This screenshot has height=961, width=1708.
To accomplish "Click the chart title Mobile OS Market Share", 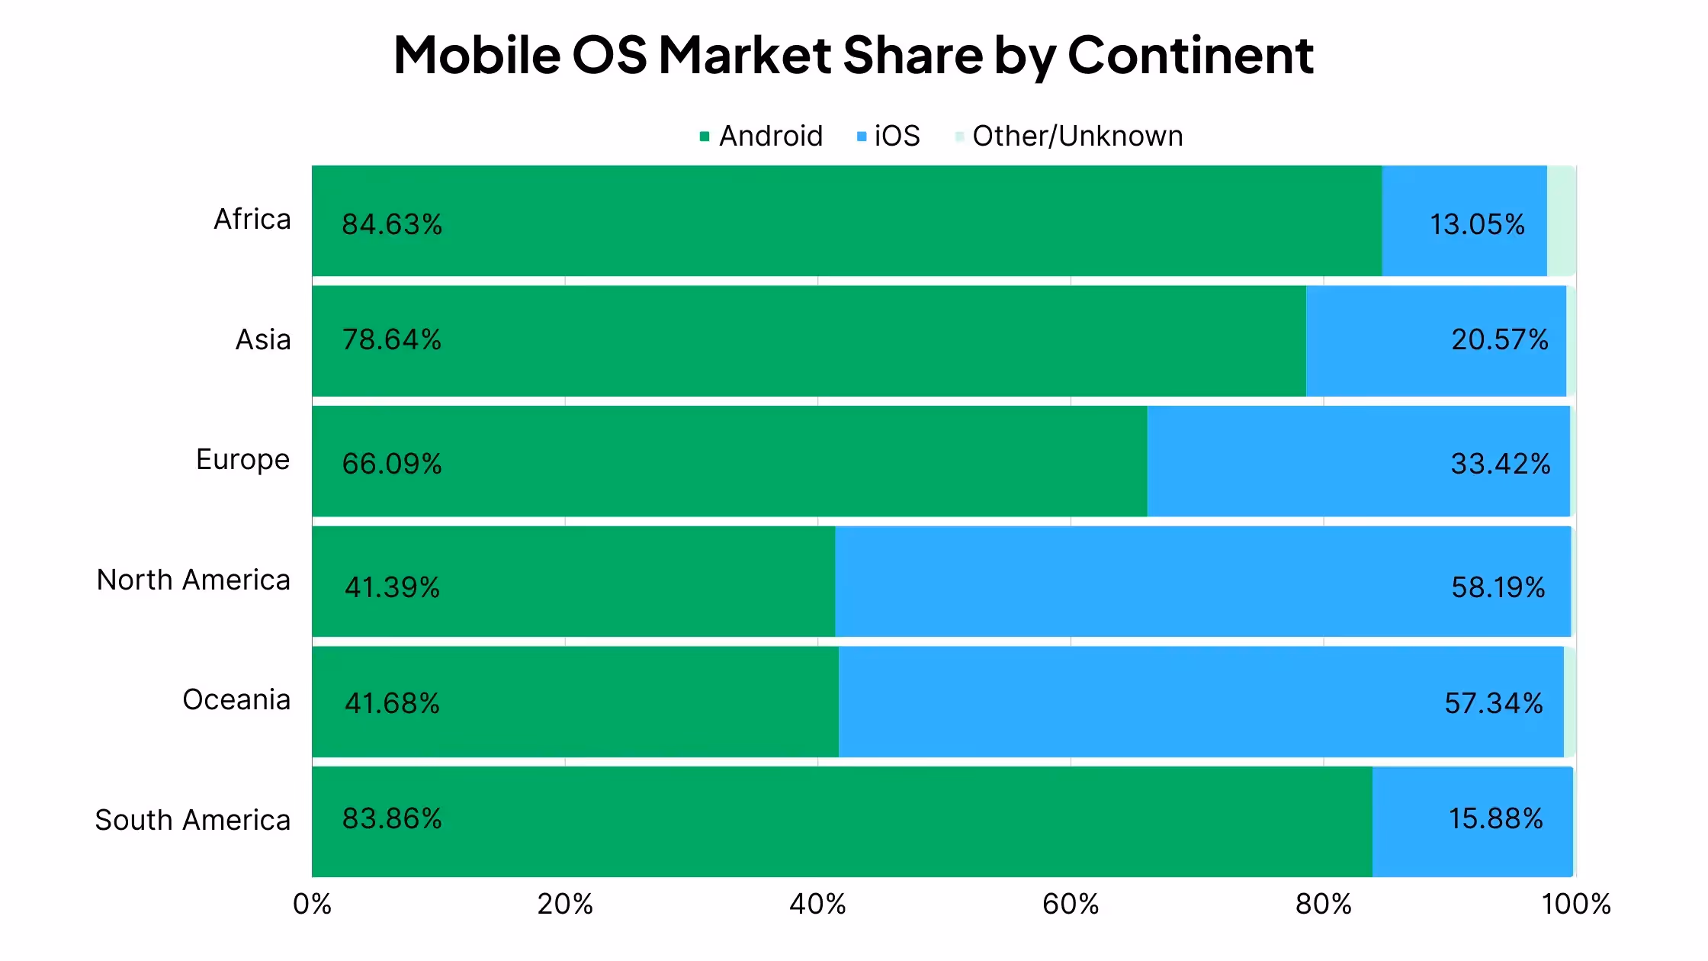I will click(x=853, y=55).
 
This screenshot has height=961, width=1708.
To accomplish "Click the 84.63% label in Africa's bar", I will click(x=392, y=224).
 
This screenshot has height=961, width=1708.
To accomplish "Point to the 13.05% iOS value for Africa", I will click(x=1476, y=224).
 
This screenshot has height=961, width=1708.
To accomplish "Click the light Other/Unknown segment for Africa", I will click(x=1560, y=220).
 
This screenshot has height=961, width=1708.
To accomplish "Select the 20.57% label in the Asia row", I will click(x=1499, y=339).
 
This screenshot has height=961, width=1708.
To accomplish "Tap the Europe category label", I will click(x=242, y=460).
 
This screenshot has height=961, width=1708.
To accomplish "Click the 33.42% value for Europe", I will click(x=1500, y=464).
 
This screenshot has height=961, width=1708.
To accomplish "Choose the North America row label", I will click(x=193, y=580).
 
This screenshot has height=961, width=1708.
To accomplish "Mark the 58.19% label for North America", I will click(x=1498, y=587).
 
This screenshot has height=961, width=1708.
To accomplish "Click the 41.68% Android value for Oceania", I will click(x=392, y=703).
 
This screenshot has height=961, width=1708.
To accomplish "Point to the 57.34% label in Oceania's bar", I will click(x=1493, y=703).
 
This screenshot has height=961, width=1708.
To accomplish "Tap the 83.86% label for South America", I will click(x=392, y=818).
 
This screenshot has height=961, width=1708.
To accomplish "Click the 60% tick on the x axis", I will click(x=1070, y=905).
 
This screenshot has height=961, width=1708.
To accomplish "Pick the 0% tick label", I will click(x=312, y=905).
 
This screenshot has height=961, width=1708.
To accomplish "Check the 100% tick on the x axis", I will click(x=1575, y=905).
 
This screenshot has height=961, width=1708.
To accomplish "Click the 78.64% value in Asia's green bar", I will click(x=392, y=339).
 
